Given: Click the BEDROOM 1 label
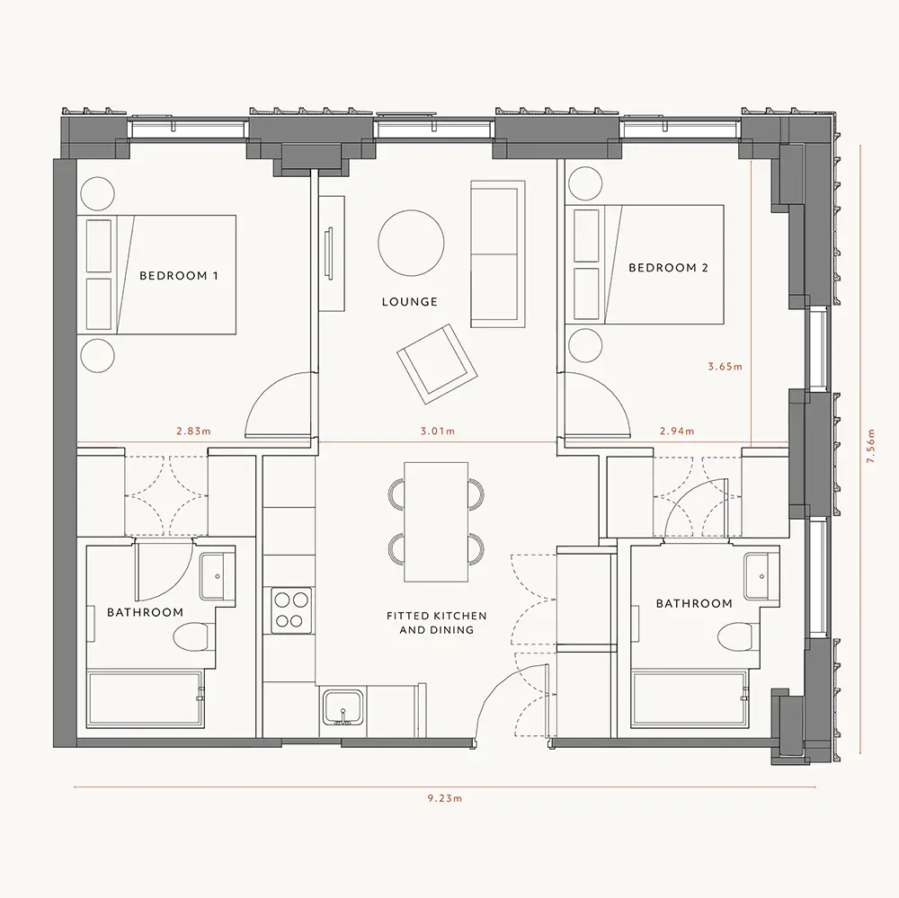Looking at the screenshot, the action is (x=179, y=276).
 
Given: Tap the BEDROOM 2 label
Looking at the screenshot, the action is (x=669, y=268).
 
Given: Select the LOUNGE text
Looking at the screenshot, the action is (x=410, y=302).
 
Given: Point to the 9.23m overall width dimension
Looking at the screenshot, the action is (x=445, y=798).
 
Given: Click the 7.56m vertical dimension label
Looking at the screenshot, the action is (x=871, y=446).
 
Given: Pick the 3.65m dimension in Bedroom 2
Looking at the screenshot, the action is (x=725, y=367).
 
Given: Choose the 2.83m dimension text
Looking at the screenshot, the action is (x=194, y=431).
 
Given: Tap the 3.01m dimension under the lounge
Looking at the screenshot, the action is (x=438, y=431).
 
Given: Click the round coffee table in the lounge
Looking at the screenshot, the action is (x=411, y=243).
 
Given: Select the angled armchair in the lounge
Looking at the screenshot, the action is (x=438, y=363).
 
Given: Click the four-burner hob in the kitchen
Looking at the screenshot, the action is (x=291, y=610).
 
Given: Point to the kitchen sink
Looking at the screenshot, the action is (x=343, y=707).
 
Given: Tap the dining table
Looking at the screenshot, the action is (x=436, y=522).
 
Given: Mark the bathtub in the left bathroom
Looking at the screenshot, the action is (x=145, y=699).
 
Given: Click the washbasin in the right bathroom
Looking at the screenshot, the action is (x=762, y=576).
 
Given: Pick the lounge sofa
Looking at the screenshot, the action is (x=498, y=254).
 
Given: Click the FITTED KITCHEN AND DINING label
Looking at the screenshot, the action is (x=437, y=623).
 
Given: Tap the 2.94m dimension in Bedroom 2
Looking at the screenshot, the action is (x=677, y=431).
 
